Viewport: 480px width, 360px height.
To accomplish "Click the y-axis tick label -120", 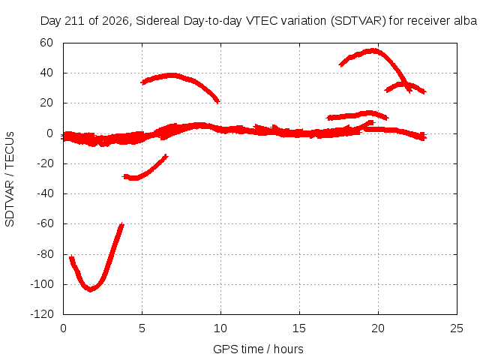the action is click(x=42, y=314).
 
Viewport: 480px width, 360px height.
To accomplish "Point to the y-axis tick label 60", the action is click(x=46, y=43).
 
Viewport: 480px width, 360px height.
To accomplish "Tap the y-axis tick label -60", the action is click(x=45, y=223).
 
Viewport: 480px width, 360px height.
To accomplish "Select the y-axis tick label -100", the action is click(x=42, y=284).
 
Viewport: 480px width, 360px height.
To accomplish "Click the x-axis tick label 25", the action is click(x=457, y=328).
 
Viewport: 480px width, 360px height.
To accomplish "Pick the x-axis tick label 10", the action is click(x=220, y=328).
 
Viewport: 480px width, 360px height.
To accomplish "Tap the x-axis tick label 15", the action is click(x=299, y=328).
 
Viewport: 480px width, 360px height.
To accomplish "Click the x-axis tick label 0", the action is click(x=63, y=328).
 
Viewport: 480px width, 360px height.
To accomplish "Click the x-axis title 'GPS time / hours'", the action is click(x=258, y=349).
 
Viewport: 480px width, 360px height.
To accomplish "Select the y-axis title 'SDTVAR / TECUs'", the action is click(x=10, y=179).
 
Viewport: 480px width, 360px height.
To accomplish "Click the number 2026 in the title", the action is click(x=115, y=21).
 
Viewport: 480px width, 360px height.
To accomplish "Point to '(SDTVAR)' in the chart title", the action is click(x=358, y=21).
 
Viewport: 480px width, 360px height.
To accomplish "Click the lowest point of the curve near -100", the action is click(x=90, y=290).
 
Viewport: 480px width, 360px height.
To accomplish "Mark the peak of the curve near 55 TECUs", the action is click(x=373, y=50).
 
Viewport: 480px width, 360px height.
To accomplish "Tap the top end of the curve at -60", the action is click(x=122, y=225).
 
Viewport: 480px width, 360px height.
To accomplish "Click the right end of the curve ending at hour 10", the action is click(x=218, y=101).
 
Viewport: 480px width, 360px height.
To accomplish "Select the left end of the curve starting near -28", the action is click(x=124, y=176).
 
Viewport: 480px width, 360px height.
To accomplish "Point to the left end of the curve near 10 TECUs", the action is click(x=328, y=118).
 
